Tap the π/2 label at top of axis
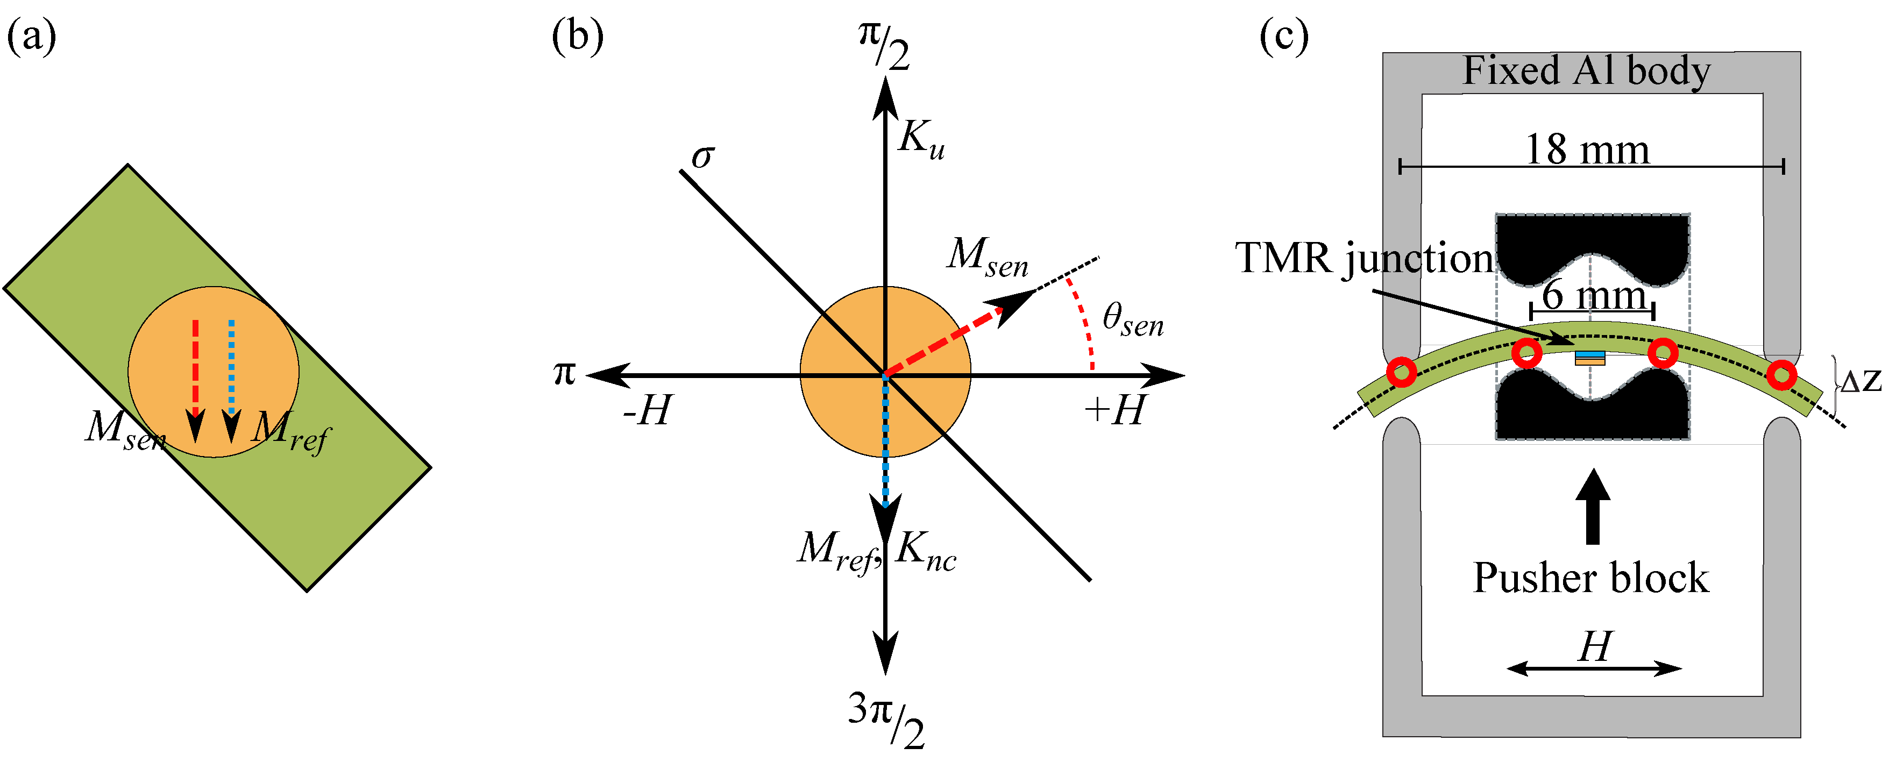point(884,46)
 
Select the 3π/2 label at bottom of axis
point(886,720)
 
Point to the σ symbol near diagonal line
point(702,155)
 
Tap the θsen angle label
point(1132,320)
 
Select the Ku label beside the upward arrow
point(921,138)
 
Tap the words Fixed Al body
point(1586,71)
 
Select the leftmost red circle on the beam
point(1401,372)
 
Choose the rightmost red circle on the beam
point(1781,375)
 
